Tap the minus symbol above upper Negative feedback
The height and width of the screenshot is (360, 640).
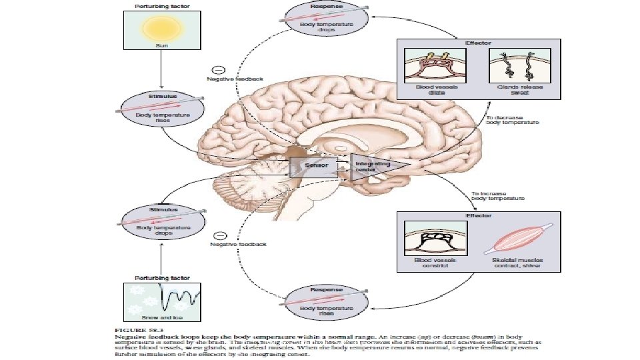(217, 69)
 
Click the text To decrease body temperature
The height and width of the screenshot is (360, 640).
(512, 120)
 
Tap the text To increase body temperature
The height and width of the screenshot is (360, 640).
(497, 195)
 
